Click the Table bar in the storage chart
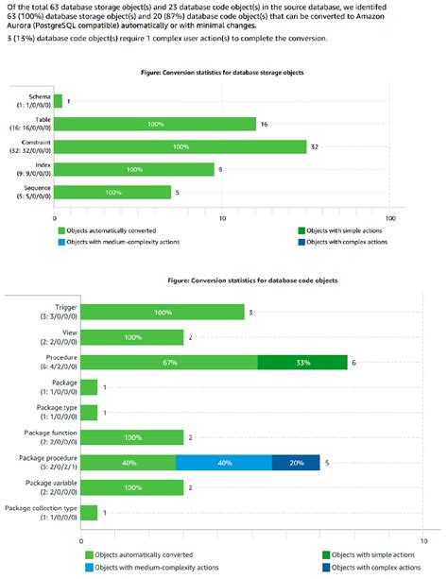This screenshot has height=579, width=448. pyautogui.click(x=155, y=124)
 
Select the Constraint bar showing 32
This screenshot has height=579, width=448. pyautogui.click(x=180, y=146)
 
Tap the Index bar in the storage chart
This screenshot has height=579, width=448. pyautogui.click(x=134, y=169)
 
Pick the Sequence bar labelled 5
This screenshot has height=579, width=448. pyautogui.click(x=112, y=192)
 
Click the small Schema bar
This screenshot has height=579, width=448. pyautogui.click(x=58, y=101)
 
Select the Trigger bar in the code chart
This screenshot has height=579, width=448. pyautogui.click(x=163, y=312)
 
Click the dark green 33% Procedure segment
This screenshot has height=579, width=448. pyautogui.click(x=302, y=363)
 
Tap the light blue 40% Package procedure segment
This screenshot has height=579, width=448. pyautogui.click(x=224, y=462)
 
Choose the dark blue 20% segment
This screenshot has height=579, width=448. pyautogui.click(x=296, y=462)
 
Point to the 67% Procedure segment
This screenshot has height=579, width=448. pyautogui.click(x=169, y=363)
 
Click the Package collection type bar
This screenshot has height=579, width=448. pyautogui.click(x=89, y=513)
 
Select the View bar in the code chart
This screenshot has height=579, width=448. pyautogui.click(x=132, y=337)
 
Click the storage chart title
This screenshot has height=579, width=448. pyautogui.click(x=222, y=73)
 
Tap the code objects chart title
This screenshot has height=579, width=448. pyautogui.click(x=252, y=281)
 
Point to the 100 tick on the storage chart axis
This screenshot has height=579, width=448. pyautogui.click(x=390, y=218)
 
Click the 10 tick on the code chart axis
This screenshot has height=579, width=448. pyautogui.click(x=423, y=541)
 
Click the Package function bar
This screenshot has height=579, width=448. pyautogui.click(x=132, y=437)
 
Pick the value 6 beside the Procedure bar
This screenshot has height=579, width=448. pyautogui.click(x=353, y=363)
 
